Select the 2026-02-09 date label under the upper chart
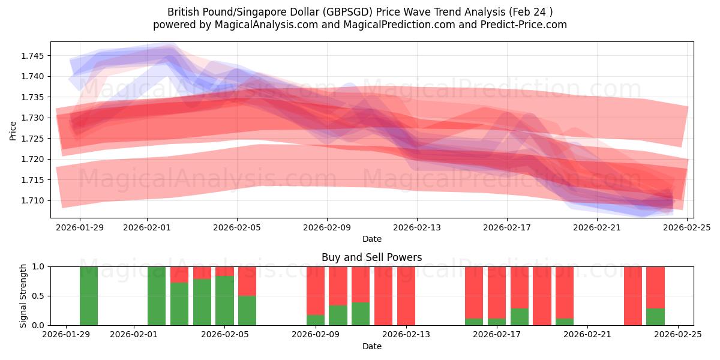[327, 228]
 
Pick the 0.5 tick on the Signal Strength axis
[39, 296]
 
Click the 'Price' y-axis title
[13, 130]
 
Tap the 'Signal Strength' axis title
[23, 296]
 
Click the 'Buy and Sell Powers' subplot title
[371, 257]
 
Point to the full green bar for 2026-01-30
[89, 296]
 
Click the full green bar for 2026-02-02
[157, 296]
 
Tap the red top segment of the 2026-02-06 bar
[247, 281]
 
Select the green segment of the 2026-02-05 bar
[224, 301]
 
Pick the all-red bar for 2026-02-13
[406, 296]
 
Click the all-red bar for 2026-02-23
[633, 296]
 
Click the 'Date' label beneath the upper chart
[371, 239]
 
